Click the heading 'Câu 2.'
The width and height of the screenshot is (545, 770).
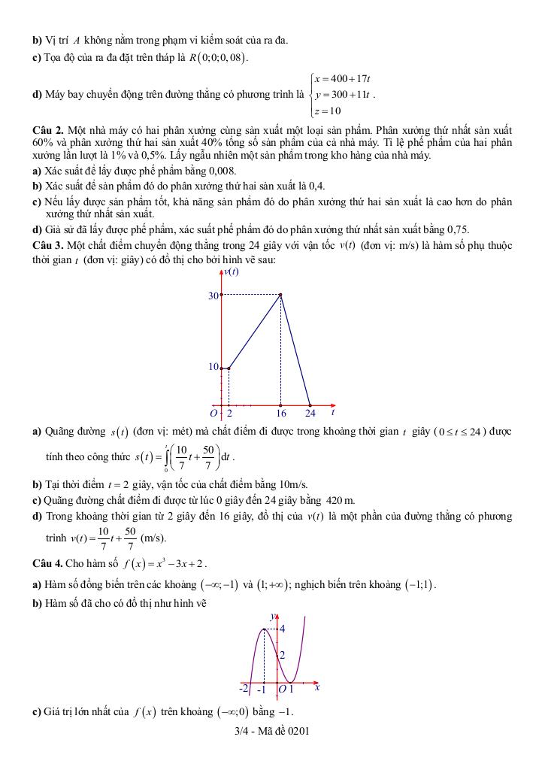pyautogui.click(x=47, y=130)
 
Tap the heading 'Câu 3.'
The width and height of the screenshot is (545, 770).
pyautogui.click(x=47, y=246)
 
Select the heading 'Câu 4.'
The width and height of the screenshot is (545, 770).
pyautogui.click(x=47, y=563)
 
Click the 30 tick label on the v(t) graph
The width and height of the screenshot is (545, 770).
pyautogui.click(x=213, y=296)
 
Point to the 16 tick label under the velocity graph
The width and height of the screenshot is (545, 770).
pyautogui.click(x=280, y=413)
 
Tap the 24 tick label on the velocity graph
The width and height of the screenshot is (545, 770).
pyautogui.click(x=310, y=413)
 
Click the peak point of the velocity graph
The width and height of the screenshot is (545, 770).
pyautogui.click(x=281, y=295)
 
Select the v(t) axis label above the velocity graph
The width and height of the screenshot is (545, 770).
pyautogui.click(x=230, y=271)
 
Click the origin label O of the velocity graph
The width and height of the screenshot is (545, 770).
pyautogui.click(x=214, y=413)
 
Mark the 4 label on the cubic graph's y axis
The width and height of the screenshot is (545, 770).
pyautogui.click(x=283, y=629)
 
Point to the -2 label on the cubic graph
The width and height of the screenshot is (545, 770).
pyautogui.click(x=244, y=688)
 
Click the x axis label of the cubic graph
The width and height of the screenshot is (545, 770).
pyautogui.click(x=317, y=687)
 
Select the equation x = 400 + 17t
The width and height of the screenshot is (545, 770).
pyautogui.click(x=344, y=79)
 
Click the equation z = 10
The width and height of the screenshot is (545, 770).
pyautogui.click(x=329, y=111)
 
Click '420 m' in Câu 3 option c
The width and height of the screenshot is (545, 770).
pyautogui.click(x=341, y=501)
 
